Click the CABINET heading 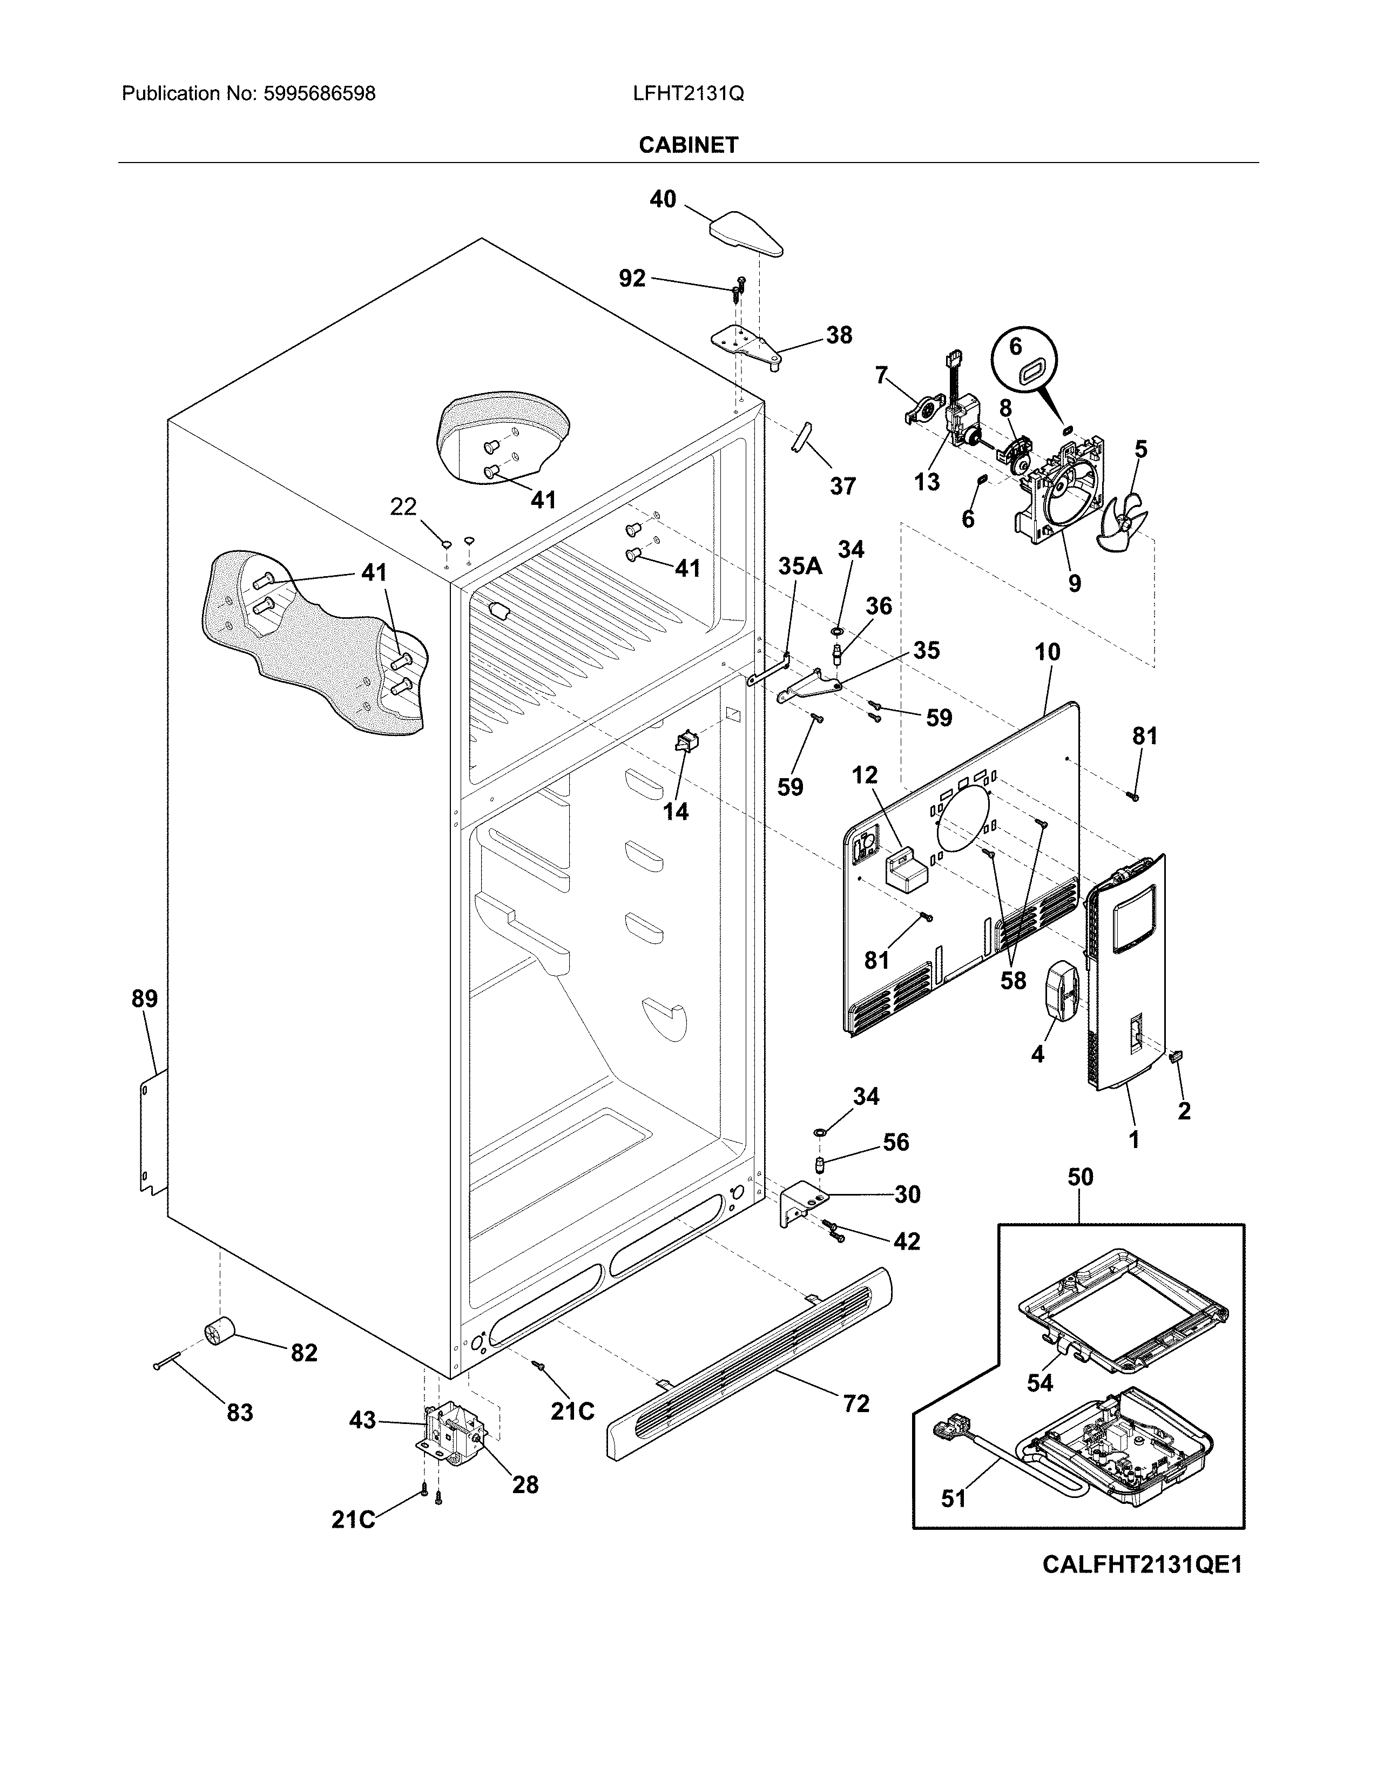pos(687,145)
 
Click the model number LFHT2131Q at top pos(687,94)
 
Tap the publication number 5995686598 pos(319,94)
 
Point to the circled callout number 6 pos(1015,347)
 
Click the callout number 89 pos(145,998)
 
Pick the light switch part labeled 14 pos(684,742)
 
